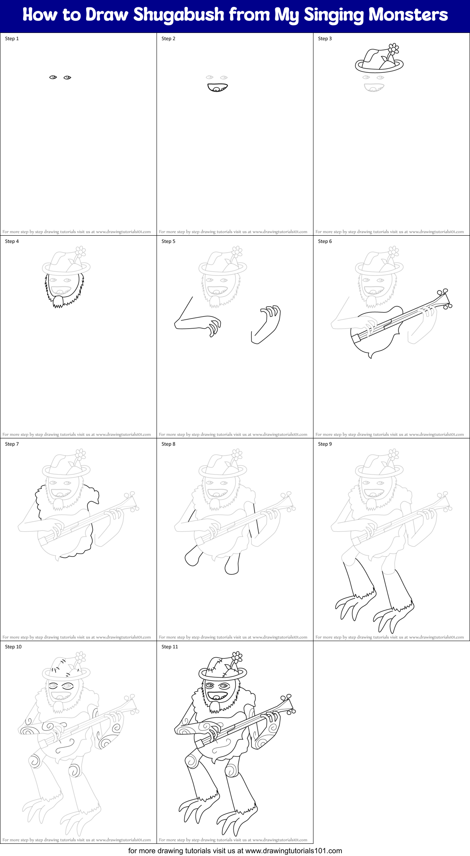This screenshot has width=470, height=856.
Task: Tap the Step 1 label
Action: click(x=12, y=39)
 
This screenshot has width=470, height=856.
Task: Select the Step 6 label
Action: click(x=325, y=241)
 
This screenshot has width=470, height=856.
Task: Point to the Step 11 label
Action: click(x=170, y=647)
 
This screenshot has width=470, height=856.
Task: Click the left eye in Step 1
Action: click(x=53, y=77)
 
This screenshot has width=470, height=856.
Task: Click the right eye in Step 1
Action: click(x=67, y=78)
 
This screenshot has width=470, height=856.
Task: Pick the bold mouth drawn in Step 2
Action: click(x=218, y=87)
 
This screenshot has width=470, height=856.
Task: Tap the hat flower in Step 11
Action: click(x=237, y=657)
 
